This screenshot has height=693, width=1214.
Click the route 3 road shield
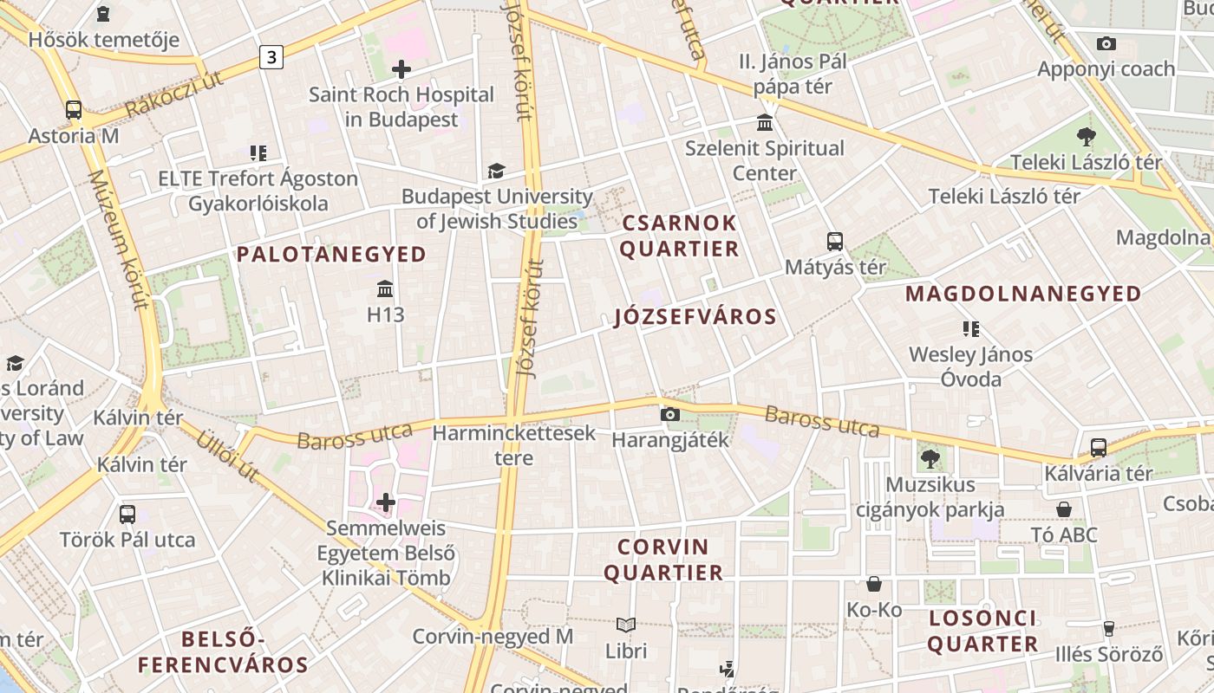coord(271,57)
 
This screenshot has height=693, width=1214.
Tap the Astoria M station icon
coord(73,110)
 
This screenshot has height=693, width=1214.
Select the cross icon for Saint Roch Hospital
coord(401,69)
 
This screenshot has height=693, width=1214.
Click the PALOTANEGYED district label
coord(331,255)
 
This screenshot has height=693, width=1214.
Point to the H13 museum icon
coord(385,288)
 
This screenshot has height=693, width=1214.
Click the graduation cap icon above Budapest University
coord(496,171)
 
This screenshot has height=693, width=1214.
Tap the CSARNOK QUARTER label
coord(680,236)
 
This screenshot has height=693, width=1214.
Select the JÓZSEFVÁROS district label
coord(695,317)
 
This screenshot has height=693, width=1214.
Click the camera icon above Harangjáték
coord(669,415)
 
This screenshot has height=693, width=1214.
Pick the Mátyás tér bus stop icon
coord(835,242)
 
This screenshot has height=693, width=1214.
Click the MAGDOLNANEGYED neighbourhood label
coord(1023,295)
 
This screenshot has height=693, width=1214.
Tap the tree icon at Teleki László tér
coord(1086,137)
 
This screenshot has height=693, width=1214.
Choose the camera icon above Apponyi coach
coord(1106,43)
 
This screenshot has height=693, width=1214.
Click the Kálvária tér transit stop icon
coord(1099,448)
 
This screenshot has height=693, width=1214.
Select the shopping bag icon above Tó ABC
coord(1064,509)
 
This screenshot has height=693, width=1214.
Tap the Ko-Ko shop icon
coord(874,585)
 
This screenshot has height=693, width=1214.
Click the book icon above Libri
coord(626,625)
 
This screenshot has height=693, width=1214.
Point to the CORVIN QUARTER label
coord(663,560)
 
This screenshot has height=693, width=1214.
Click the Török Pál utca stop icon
coord(127,515)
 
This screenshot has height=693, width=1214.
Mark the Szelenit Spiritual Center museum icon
coord(765,122)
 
